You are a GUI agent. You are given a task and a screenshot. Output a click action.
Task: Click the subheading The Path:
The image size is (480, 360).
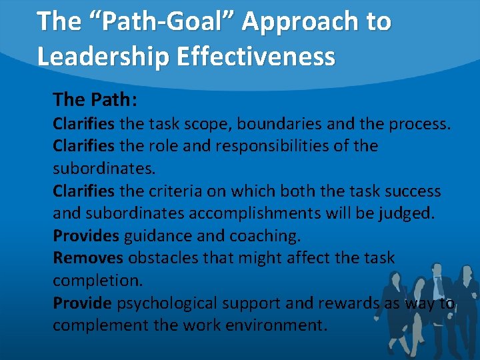click(x=95, y=100)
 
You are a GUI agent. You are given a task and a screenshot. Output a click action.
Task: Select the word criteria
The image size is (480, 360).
click(x=176, y=191)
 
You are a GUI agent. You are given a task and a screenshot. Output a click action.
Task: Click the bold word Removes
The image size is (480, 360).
click(x=88, y=258)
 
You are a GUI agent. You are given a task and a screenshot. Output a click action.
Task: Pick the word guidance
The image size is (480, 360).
click(x=157, y=236)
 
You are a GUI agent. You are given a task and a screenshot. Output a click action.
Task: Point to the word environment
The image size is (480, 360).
click(x=273, y=326)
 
